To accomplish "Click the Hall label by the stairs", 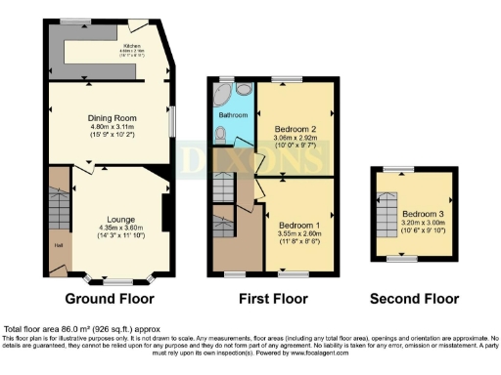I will tap(58, 245).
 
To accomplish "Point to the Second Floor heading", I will tap(413, 298).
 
